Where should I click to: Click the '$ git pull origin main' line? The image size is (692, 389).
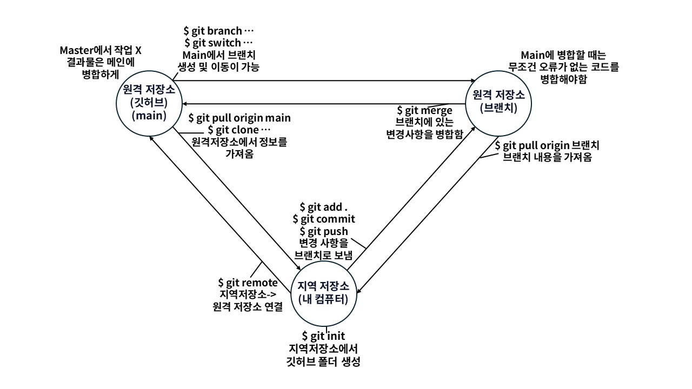(239, 118)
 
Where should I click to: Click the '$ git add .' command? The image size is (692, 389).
(324, 207)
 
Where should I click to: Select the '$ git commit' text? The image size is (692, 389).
(324, 219)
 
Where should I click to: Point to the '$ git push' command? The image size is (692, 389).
(324, 231)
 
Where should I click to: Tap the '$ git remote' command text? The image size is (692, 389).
(248, 283)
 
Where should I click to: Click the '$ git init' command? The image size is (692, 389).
(324, 337)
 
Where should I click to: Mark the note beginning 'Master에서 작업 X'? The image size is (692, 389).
(101, 50)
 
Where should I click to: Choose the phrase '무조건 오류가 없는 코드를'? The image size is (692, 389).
(563, 68)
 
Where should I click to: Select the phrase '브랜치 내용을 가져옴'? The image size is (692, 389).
(547, 158)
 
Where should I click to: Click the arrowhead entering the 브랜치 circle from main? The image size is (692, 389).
(471, 81)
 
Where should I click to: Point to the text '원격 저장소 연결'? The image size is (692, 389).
(248, 306)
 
